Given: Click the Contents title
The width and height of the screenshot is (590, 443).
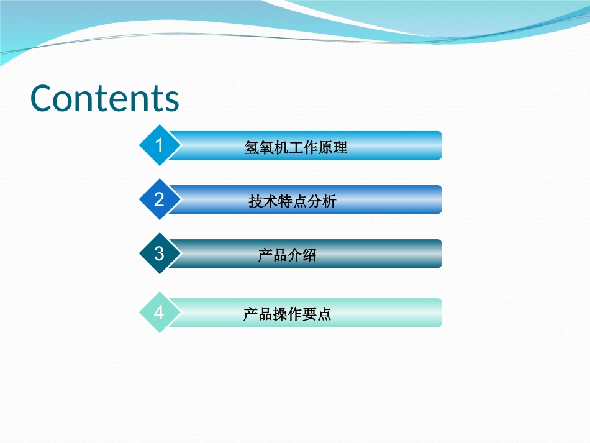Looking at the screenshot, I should [x=105, y=98].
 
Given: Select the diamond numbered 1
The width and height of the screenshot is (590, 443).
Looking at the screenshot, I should [x=159, y=145].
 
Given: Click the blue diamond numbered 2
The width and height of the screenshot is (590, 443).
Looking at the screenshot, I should [x=159, y=199].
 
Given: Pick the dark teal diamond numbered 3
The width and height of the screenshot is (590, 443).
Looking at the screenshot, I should [x=159, y=253].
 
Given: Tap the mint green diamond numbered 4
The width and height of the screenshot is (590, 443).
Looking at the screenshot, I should [x=159, y=312].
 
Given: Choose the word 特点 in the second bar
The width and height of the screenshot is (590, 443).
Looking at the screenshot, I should [x=293, y=202].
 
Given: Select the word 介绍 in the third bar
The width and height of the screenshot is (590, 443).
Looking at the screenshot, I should [x=302, y=255].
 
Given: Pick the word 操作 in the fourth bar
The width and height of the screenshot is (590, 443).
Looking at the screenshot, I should [x=287, y=314].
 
